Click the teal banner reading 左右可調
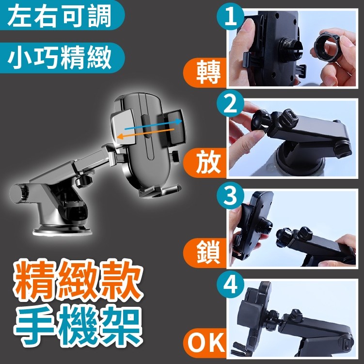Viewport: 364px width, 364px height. [x=62, y=15]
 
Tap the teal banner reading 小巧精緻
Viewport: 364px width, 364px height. [x=62, y=58]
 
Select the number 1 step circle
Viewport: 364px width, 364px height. [x=230, y=16]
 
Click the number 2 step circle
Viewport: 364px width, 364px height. [x=230, y=104]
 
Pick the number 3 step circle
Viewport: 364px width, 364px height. [x=230, y=195]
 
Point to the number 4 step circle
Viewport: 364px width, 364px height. [x=230, y=285]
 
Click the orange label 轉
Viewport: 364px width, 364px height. [x=205, y=73]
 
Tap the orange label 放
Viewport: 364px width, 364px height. [x=205, y=163]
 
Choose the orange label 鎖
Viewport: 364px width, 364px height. [x=205, y=253]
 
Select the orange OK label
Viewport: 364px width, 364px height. [x=205, y=343]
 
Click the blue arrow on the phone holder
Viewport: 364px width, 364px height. [x=153, y=125]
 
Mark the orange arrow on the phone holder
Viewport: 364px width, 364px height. [x=145, y=133]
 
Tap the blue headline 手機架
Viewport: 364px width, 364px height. [x=78, y=325]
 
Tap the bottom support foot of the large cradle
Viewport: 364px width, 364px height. [x=160, y=190]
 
